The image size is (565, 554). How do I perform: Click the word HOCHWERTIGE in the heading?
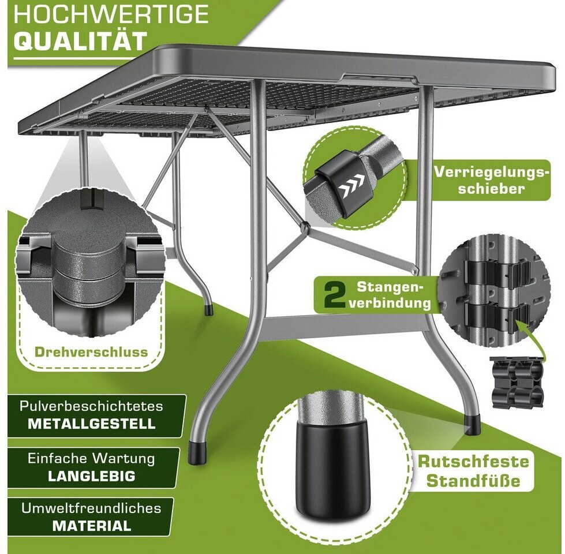pos(111,14)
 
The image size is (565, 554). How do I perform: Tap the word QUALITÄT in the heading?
pos(80,40)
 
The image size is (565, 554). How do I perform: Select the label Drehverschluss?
pos(91,352)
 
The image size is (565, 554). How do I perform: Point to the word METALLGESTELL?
pos(92,424)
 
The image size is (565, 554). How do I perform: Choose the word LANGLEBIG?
pos(92,476)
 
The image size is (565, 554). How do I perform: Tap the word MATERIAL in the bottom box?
pos(92,526)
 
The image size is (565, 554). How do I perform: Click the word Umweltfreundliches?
pos(91,508)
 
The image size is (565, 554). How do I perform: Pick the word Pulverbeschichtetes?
pos(91,406)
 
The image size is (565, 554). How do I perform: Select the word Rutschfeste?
pos(473,462)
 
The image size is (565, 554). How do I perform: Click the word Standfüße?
pos(473,481)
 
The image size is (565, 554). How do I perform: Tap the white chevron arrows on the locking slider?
pos(352,182)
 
